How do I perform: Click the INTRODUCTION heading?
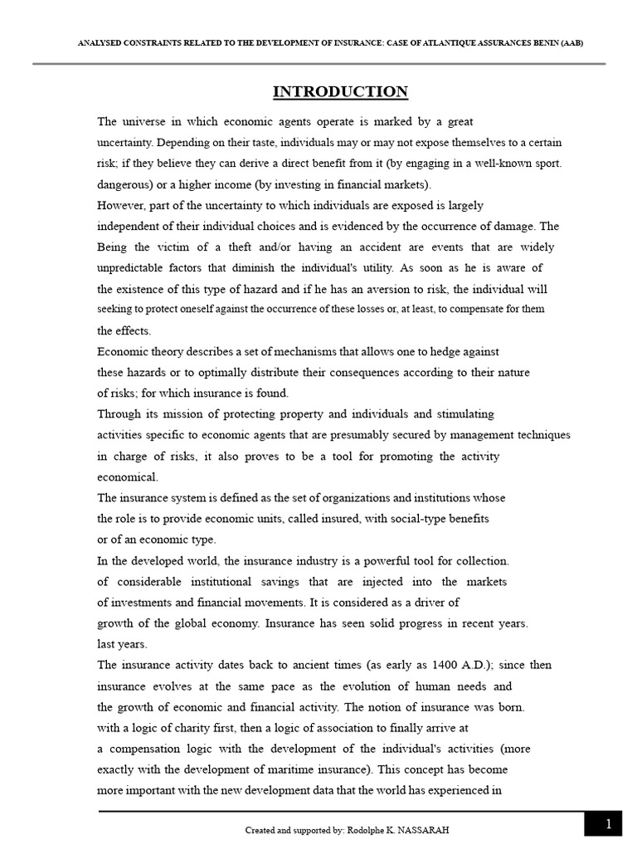click(342, 92)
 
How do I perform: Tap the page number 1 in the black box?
click(608, 824)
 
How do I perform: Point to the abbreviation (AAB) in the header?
click(571, 42)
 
